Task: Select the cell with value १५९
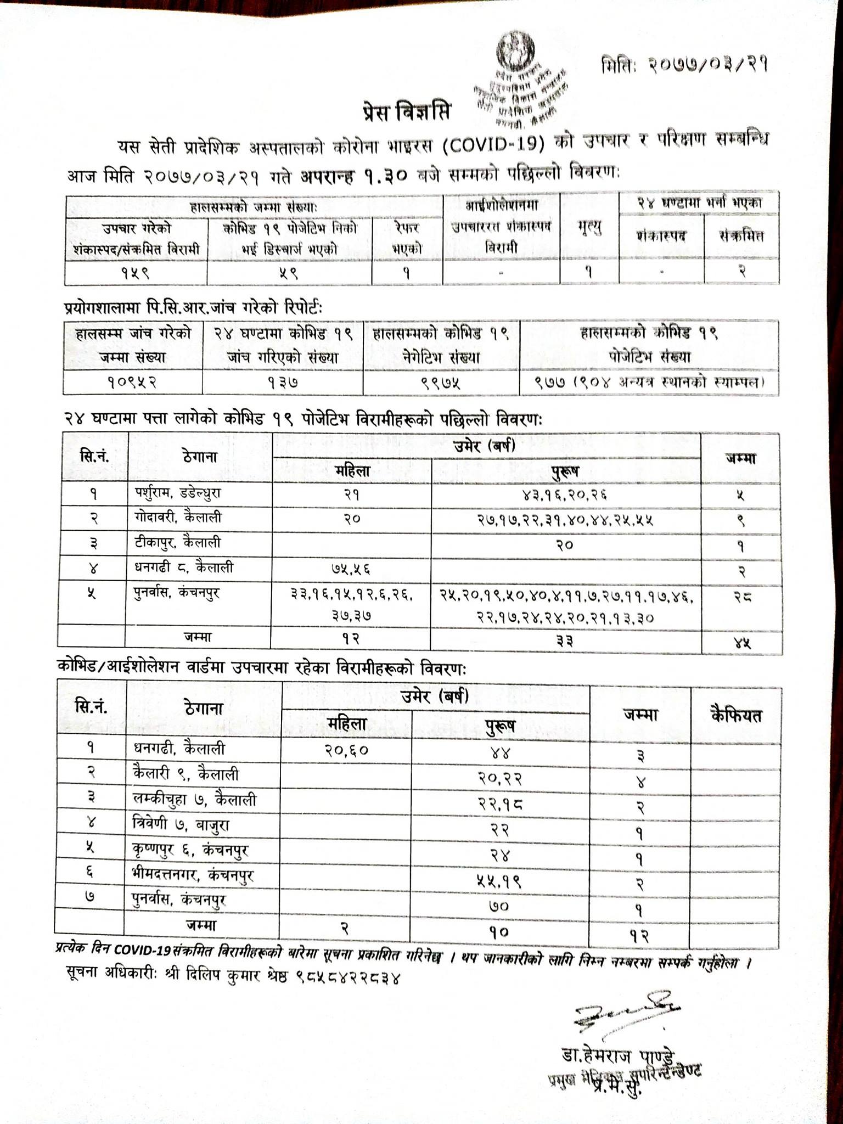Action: tap(136, 272)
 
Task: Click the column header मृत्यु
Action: tap(589, 227)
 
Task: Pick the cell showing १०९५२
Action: tap(132, 382)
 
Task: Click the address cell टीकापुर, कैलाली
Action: tap(177, 542)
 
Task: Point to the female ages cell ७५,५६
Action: tap(351, 568)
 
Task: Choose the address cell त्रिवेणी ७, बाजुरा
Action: tap(181, 825)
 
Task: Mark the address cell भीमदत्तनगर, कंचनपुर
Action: tap(193, 875)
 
